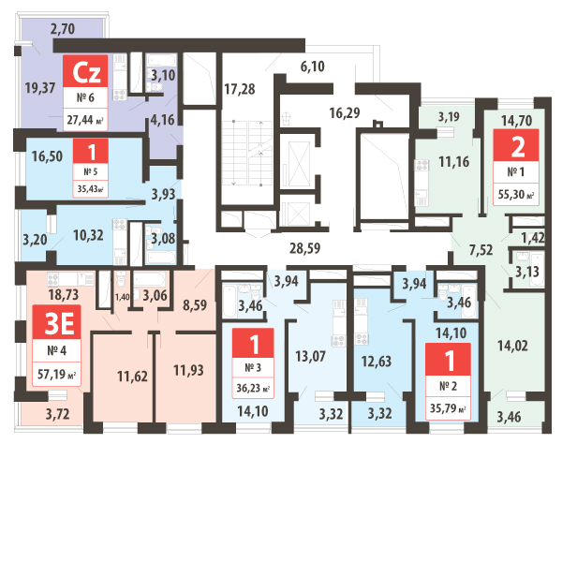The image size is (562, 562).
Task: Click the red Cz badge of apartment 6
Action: tap(88, 71)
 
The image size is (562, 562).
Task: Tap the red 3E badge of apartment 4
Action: tap(55, 324)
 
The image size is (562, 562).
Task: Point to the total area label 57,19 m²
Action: tap(56, 376)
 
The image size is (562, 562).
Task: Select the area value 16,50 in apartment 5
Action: tap(46, 157)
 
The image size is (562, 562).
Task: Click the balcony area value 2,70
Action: tap(62, 29)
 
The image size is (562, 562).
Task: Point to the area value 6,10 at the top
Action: tap(312, 66)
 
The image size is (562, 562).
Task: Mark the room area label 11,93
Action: tap(191, 371)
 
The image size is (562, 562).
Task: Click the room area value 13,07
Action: tap(311, 356)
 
